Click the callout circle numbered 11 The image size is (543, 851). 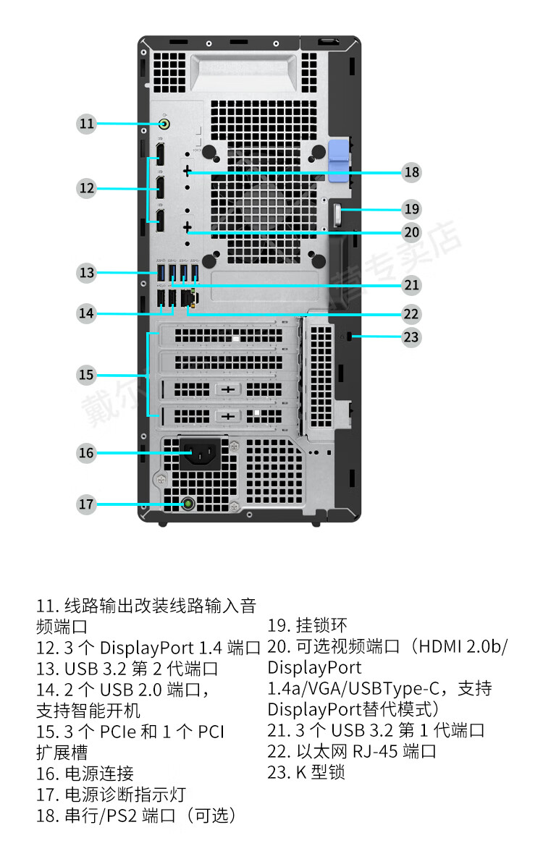click(x=87, y=124)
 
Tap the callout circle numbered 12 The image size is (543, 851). click(x=87, y=189)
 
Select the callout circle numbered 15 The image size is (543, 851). click(x=87, y=375)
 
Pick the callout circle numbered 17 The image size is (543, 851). click(x=87, y=504)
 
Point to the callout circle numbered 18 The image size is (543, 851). click(x=412, y=172)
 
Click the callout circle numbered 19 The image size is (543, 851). click(x=412, y=209)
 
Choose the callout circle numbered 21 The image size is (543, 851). click(x=412, y=285)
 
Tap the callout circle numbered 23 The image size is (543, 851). click(x=412, y=336)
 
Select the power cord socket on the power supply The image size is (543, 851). click(x=200, y=454)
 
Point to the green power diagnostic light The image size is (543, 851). click(x=188, y=504)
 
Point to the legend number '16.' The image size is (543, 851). click(x=47, y=774)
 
